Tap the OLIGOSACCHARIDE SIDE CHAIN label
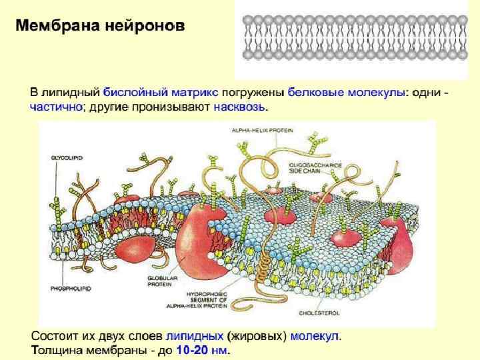point(315,167)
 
